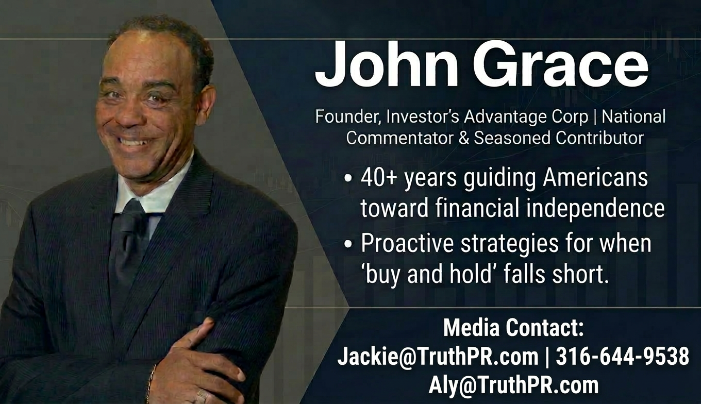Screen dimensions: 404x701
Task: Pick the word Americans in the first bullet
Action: pyautogui.click(x=595, y=178)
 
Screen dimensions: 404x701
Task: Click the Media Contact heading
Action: pyautogui.click(x=513, y=328)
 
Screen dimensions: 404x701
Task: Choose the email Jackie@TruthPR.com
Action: pyautogui.click(x=438, y=357)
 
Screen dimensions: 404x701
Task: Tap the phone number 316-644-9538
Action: pyautogui.click(x=622, y=357)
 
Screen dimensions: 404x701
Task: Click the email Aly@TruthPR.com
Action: pyautogui.click(x=513, y=385)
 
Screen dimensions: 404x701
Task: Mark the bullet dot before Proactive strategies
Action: pyautogui.click(x=349, y=245)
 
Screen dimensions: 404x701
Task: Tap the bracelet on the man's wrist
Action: pyautogui.click(x=151, y=381)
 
